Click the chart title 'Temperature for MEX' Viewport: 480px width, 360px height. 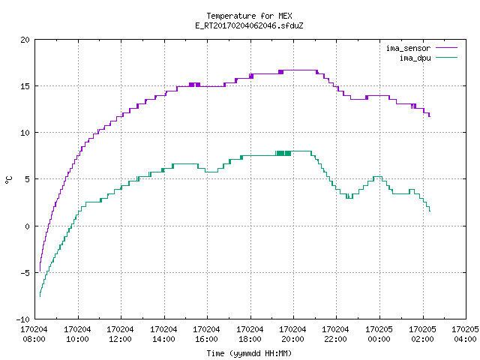[x=249, y=16]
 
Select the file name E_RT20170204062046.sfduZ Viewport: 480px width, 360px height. [x=249, y=25]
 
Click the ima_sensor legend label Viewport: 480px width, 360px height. [x=408, y=48]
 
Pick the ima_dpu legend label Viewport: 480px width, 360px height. [x=415, y=58]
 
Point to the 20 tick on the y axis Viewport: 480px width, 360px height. [x=25, y=40]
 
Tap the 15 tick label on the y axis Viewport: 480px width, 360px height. [x=25, y=86]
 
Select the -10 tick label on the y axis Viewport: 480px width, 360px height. [x=23, y=319]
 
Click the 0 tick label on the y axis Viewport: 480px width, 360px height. [x=28, y=226]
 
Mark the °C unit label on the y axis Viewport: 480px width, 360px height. [x=8, y=180]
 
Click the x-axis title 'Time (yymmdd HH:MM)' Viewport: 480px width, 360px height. [x=249, y=353]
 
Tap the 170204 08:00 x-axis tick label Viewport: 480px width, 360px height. [x=34, y=334]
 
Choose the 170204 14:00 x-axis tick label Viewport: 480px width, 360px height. [x=163, y=334]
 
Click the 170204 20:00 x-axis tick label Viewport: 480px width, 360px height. [x=292, y=334]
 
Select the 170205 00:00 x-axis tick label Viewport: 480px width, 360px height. [x=379, y=334]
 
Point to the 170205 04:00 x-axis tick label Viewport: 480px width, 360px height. [x=465, y=334]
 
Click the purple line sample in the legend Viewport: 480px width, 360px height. [x=446, y=48]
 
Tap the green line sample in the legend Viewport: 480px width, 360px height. [x=446, y=57]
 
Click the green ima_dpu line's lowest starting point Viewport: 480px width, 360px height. [x=40, y=296]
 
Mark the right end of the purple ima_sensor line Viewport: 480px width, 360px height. [x=430, y=116]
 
